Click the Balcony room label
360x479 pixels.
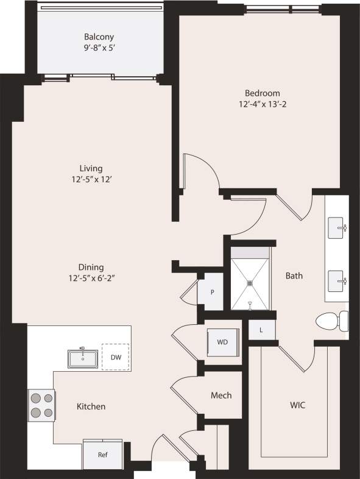99,37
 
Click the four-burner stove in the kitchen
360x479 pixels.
41,405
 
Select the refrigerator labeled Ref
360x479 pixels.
104,455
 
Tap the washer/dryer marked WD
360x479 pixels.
221,342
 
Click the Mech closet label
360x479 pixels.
221,396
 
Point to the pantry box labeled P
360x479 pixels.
212,292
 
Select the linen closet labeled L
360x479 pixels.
261,330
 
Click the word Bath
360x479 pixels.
294,275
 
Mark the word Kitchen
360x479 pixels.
91,406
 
